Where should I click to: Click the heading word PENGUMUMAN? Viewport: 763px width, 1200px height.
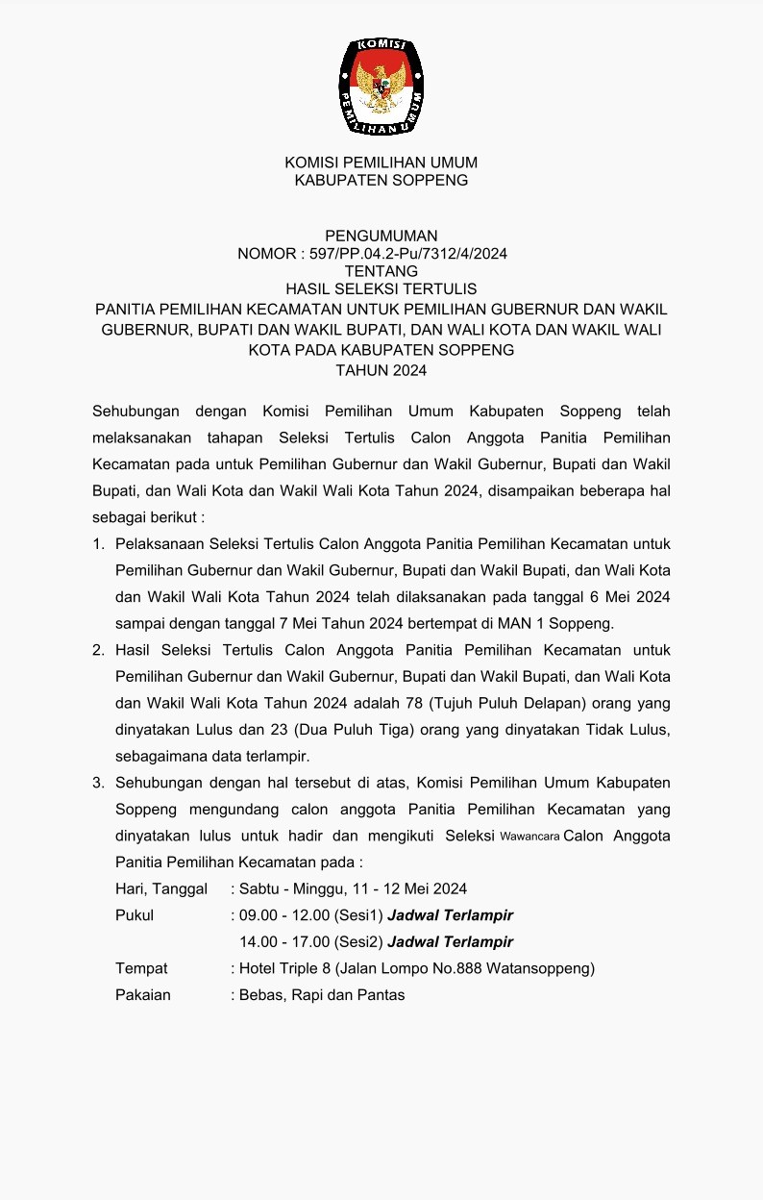(381, 236)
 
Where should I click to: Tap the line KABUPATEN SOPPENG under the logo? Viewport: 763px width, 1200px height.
(381, 180)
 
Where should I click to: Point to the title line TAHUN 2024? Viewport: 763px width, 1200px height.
(381, 370)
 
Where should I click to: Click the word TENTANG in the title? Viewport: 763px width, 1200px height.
(381, 271)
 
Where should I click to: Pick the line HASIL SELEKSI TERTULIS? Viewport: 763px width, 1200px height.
(381, 288)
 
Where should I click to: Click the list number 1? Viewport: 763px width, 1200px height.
(98, 545)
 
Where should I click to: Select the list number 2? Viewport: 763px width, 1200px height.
(98, 651)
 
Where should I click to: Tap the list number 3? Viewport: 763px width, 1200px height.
(98, 783)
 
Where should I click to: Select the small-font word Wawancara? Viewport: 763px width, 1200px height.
(530, 837)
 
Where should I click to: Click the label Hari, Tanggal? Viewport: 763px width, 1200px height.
(161, 889)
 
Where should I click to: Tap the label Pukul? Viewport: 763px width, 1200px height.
(135, 915)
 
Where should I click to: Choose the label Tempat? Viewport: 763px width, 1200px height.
(141, 968)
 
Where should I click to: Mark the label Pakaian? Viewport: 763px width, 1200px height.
(143, 995)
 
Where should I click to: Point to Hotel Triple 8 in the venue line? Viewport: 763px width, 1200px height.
(287, 968)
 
